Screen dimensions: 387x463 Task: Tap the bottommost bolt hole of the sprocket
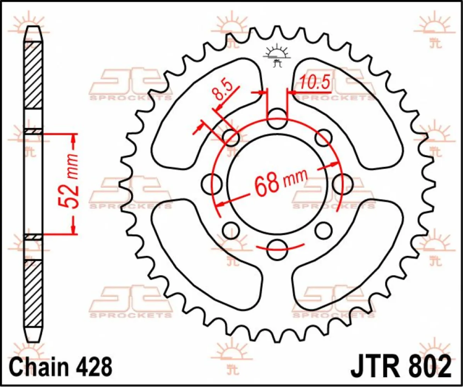277,250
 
